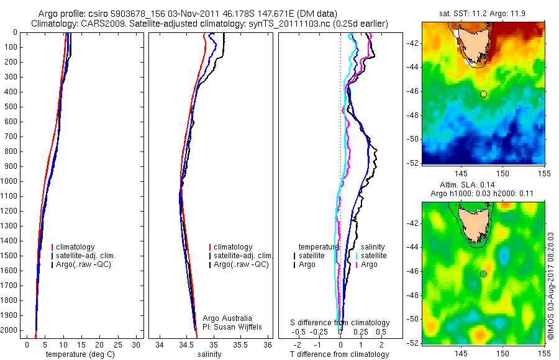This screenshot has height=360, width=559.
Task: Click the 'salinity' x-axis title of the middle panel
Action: pos(209,354)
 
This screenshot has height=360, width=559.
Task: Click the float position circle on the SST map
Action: pos(484,94)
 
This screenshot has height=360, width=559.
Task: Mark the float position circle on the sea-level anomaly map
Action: pos(484,274)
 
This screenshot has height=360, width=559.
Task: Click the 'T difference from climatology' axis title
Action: pos(340,354)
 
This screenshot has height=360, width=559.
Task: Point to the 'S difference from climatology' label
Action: pos(340,323)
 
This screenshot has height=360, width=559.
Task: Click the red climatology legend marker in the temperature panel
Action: pos(52,247)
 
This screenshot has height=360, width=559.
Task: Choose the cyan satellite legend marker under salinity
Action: pos(357,256)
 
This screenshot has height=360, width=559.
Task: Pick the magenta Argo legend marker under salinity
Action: pos(357,264)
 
